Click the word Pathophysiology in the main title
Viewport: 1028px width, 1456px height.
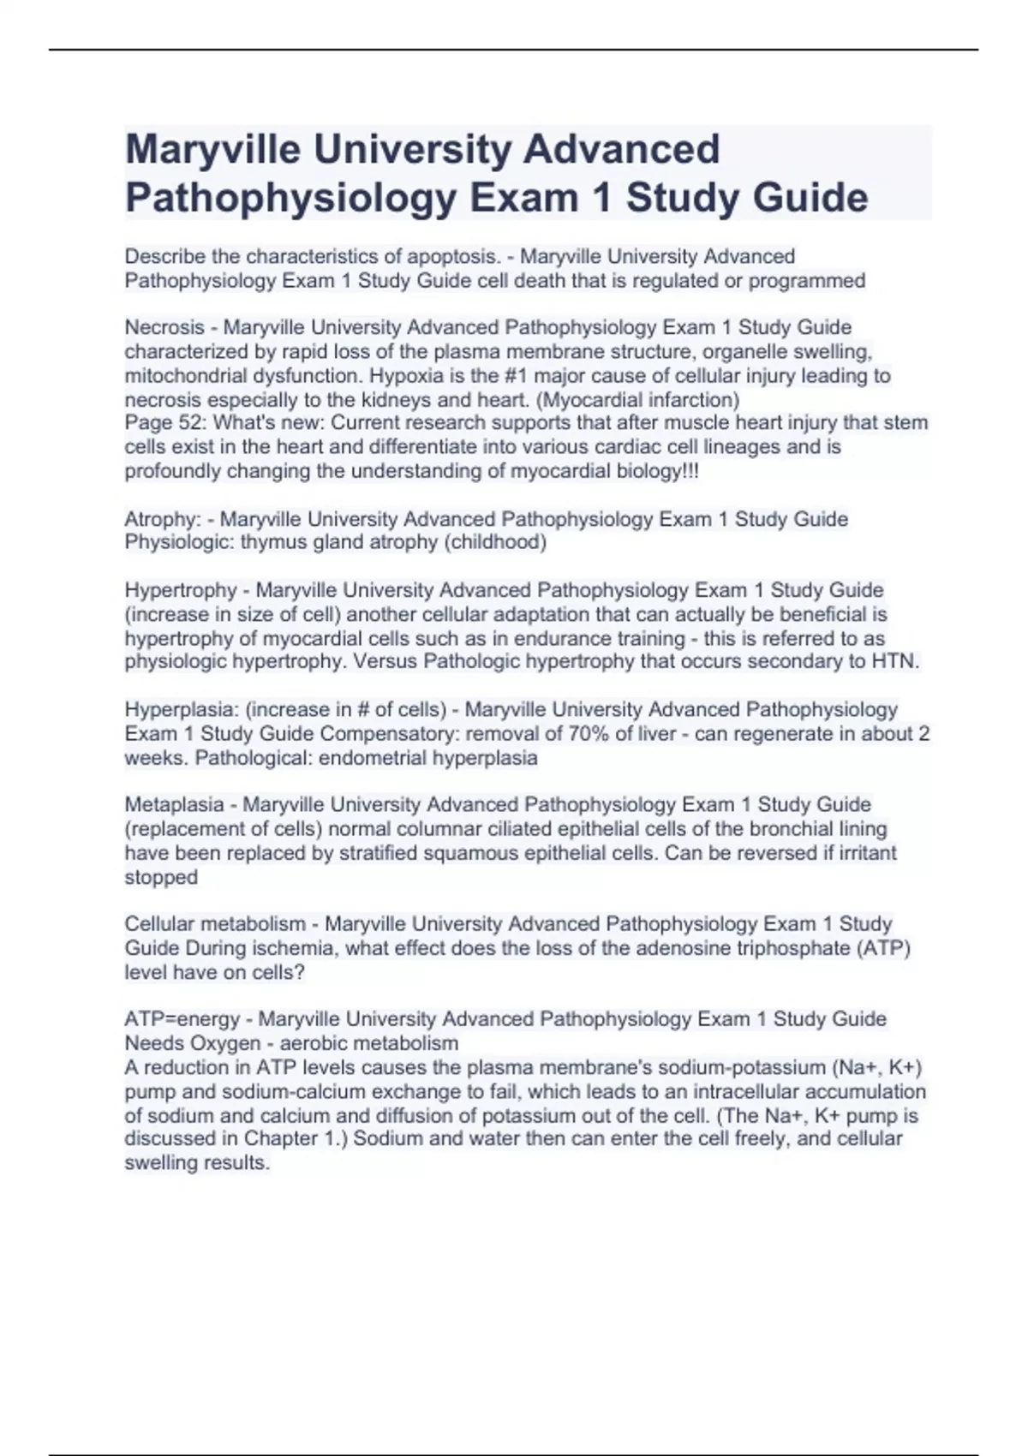[290, 198]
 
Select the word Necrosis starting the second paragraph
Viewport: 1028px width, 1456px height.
[164, 327]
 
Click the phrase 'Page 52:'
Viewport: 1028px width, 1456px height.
[165, 423]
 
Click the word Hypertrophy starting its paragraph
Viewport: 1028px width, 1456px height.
[180, 590]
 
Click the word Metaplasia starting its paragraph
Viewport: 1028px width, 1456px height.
[174, 805]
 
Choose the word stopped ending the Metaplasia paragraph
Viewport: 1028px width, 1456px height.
[161, 877]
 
